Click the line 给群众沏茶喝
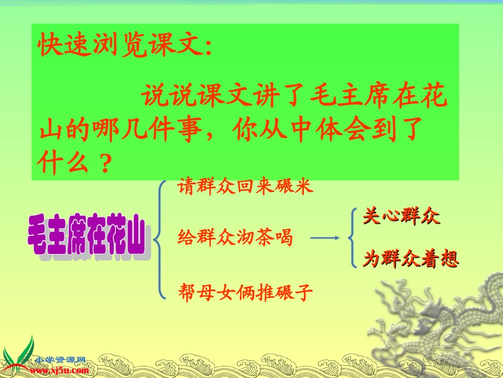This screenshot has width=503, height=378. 236,237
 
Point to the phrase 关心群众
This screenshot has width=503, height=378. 401,216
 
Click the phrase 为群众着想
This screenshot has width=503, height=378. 411,259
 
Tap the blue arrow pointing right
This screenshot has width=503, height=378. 324,238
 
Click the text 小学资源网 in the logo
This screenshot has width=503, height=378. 59,360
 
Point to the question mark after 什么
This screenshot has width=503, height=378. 104,164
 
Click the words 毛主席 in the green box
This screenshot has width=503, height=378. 360,98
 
